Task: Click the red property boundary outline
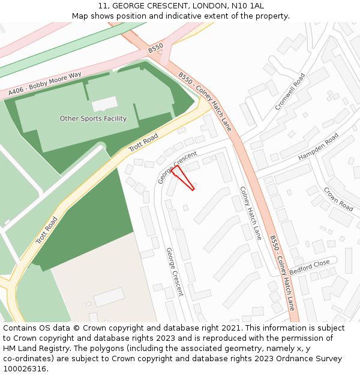click(x=184, y=178)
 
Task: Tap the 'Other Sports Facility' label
click(x=93, y=119)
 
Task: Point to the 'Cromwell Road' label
click(x=290, y=92)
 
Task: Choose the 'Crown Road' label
click(x=338, y=199)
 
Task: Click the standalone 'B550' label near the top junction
click(x=155, y=47)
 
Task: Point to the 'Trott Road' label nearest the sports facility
click(x=143, y=142)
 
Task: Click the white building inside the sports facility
click(x=104, y=104)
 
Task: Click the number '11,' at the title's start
click(x=103, y=5)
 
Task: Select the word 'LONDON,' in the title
click(x=210, y=5)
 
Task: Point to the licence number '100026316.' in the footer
click(x=25, y=369)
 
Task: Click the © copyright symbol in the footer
click(x=77, y=328)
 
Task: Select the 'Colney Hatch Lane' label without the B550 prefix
click(x=251, y=213)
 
